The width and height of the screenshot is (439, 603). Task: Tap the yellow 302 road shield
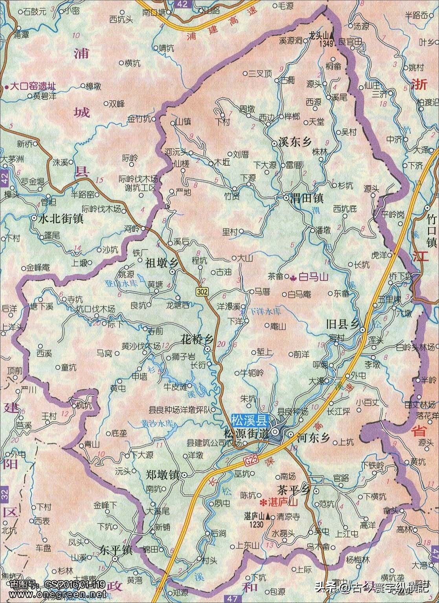203,291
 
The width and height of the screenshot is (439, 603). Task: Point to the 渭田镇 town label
307,198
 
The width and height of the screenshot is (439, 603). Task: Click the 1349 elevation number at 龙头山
326,43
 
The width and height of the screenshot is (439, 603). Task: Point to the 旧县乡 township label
343,324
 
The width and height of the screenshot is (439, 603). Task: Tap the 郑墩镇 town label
162,475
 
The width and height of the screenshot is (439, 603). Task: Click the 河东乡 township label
313,437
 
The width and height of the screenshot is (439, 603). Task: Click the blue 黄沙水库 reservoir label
157,424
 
